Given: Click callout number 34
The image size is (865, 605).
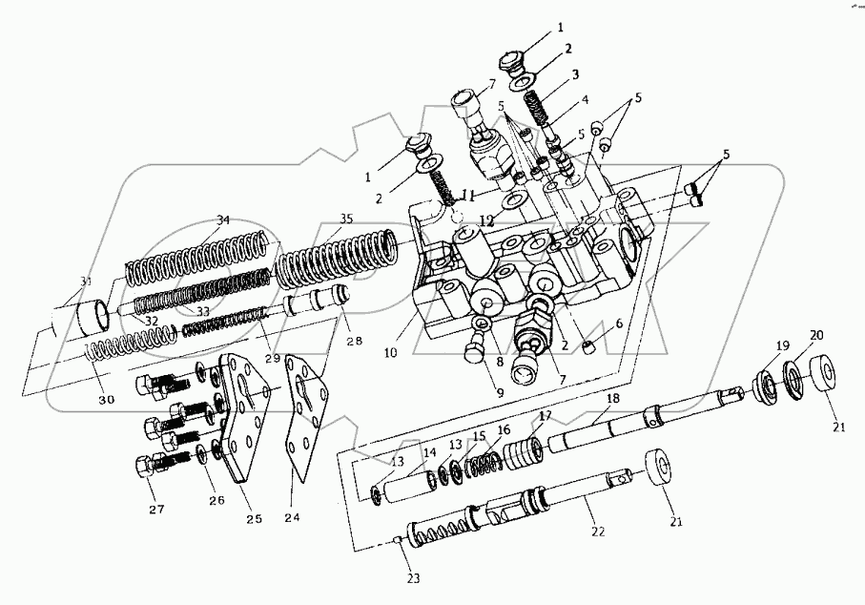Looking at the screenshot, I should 223,220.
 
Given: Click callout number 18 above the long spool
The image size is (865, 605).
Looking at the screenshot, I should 611,397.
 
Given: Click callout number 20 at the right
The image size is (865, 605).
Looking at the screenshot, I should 816,336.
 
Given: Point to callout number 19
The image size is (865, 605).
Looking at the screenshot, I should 782,344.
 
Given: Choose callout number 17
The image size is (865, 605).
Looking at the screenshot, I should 545,415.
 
